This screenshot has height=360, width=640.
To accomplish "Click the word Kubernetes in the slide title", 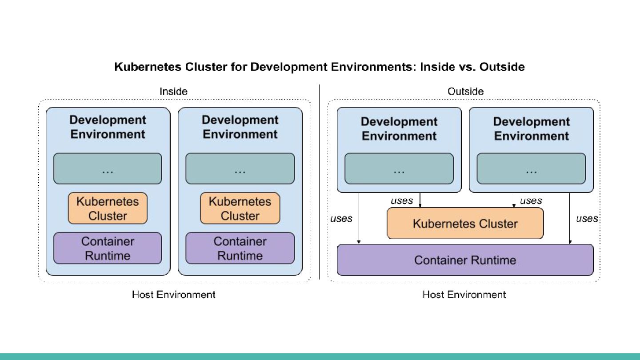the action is pyautogui.click(x=148, y=67).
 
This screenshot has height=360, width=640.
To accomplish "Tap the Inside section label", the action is pyautogui.click(x=173, y=92).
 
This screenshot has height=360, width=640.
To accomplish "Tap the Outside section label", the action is pyautogui.click(x=465, y=92).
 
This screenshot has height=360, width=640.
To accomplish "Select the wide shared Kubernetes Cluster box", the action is pyautogui.click(x=465, y=223).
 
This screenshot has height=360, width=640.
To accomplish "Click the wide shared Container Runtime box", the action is pyautogui.click(x=465, y=260).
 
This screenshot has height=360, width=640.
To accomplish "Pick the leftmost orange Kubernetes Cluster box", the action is pyautogui.click(x=108, y=208).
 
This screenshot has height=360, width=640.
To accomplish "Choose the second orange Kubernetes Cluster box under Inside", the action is pyautogui.click(x=240, y=208).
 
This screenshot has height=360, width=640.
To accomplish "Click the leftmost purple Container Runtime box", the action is pyautogui.click(x=108, y=248).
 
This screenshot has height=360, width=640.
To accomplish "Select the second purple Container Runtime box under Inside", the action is pyautogui.click(x=240, y=248).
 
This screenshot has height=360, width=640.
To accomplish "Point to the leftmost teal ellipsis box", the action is pyautogui.click(x=108, y=168).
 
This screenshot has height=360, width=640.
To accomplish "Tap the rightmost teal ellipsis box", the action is pyautogui.click(x=531, y=168).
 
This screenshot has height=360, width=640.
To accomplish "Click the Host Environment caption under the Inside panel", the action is pyautogui.click(x=173, y=295).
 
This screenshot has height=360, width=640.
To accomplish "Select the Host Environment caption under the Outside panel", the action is pyautogui.click(x=464, y=295).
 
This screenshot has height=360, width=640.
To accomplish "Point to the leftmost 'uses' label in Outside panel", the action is pyautogui.click(x=341, y=219).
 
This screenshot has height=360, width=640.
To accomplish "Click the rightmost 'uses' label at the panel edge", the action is pyautogui.click(x=587, y=219).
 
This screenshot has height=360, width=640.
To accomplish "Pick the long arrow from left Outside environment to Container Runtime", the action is pyautogui.click(x=359, y=218).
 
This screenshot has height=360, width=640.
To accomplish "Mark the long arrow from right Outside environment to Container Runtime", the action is pyautogui.click(x=570, y=218).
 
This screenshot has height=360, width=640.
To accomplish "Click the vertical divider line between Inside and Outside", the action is pyautogui.click(x=319, y=182).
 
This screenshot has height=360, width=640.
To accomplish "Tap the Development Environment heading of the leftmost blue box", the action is pyautogui.click(x=108, y=127).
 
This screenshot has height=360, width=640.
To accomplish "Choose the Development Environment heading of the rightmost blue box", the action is pyautogui.click(x=532, y=129).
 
